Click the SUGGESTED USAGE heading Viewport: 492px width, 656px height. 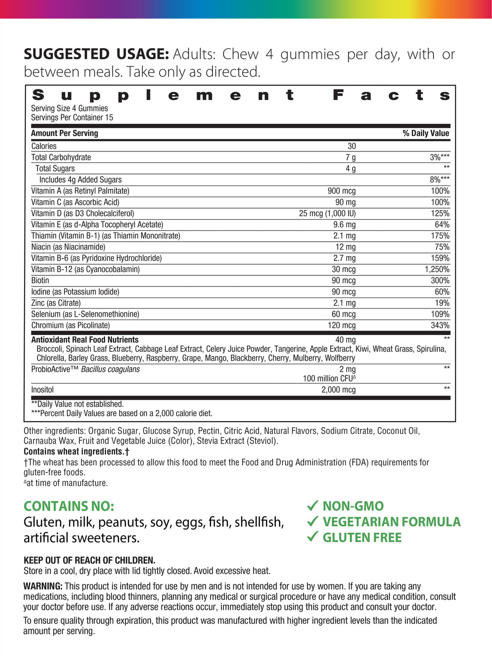(x=96, y=54)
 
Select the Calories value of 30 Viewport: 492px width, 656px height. (x=352, y=146)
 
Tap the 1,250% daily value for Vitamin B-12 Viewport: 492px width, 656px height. (x=437, y=269)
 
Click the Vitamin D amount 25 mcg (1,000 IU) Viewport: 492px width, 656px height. (x=327, y=213)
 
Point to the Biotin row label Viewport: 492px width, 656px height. (x=40, y=281)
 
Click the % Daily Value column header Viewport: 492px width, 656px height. (x=426, y=133)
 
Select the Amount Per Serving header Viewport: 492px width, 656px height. (x=64, y=133)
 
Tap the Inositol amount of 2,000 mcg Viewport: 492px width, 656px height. (x=338, y=390)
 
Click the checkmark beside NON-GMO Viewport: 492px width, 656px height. (x=313, y=506)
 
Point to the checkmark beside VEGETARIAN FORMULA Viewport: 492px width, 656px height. (x=313, y=521)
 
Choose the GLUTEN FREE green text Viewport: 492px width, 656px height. (x=362, y=537)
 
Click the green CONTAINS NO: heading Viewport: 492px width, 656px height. (x=69, y=506)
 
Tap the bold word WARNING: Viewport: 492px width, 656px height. (x=43, y=586)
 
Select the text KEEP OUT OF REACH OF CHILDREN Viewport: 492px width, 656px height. (x=89, y=560)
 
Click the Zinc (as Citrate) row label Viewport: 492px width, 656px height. (x=56, y=303)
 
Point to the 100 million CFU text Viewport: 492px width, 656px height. (x=329, y=379)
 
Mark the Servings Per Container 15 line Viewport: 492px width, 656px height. (x=72, y=118)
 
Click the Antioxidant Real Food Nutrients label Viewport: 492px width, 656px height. (x=85, y=340)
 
